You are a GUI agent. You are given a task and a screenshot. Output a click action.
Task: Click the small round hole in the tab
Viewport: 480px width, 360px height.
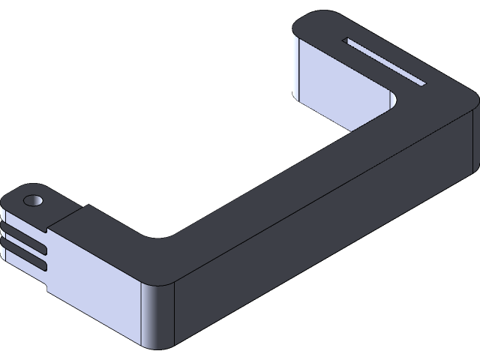(32, 201)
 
